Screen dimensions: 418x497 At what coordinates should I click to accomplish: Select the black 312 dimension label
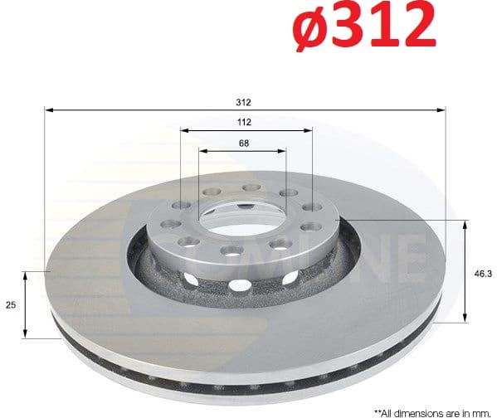click(x=243, y=102)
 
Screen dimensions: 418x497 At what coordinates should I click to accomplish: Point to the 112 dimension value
click(x=244, y=122)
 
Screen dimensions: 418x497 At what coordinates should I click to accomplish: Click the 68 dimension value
click(x=244, y=143)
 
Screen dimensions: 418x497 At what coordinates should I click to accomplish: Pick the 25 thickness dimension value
click(x=11, y=305)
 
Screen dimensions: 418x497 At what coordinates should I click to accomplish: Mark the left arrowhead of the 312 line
click(x=48, y=109)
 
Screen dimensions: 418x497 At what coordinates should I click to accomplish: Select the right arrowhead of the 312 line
click(x=442, y=109)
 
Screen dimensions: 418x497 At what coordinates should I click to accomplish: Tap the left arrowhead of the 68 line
click(x=202, y=150)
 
